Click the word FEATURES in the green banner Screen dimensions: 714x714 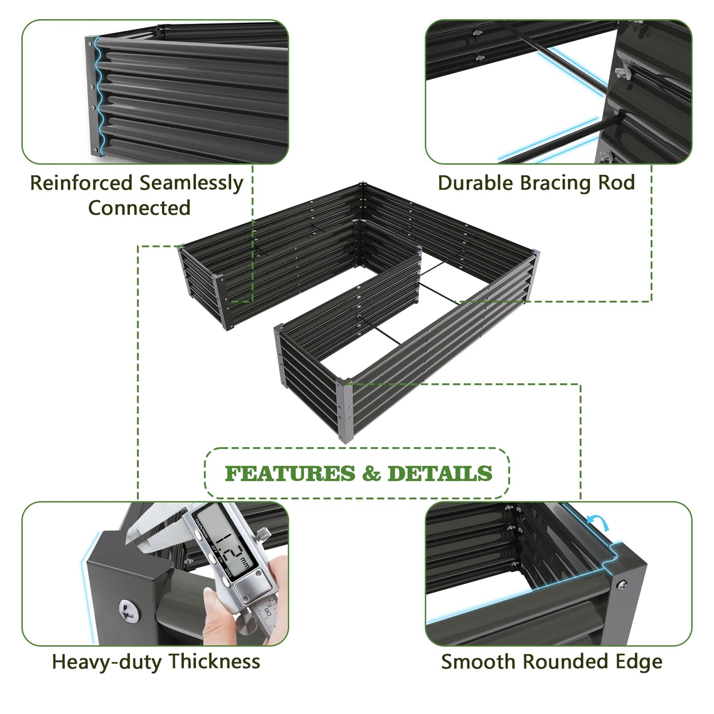(x=290, y=473)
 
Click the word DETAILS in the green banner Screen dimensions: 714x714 (x=440, y=473)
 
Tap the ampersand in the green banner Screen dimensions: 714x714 (x=371, y=473)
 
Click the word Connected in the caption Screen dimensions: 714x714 (x=139, y=208)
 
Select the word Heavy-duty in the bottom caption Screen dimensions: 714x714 (x=107, y=662)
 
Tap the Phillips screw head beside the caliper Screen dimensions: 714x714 (x=127, y=611)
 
